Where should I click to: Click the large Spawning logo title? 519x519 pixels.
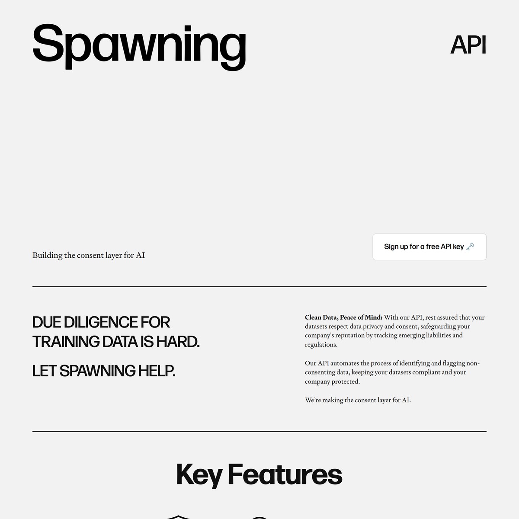(x=139, y=45)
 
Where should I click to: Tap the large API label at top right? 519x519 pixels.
(x=468, y=45)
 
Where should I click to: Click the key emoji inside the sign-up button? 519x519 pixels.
(x=470, y=247)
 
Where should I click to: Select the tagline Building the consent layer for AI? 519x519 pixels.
(x=89, y=255)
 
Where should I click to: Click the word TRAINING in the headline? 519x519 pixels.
(x=66, y=342)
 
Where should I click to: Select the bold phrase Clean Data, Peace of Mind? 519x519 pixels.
(x=343, y=317)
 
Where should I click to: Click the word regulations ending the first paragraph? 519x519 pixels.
(x=321, y=345)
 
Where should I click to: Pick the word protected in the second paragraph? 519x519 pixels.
(x=346, y=381)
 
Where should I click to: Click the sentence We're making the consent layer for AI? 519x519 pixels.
(x=358, y=400)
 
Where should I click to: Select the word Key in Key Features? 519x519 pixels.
(x=199, y=474)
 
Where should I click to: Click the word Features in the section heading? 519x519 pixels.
(x=285, y=474)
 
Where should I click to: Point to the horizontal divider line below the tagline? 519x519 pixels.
(x=259, y=287)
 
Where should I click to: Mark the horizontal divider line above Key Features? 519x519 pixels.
(x=259, y=431)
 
